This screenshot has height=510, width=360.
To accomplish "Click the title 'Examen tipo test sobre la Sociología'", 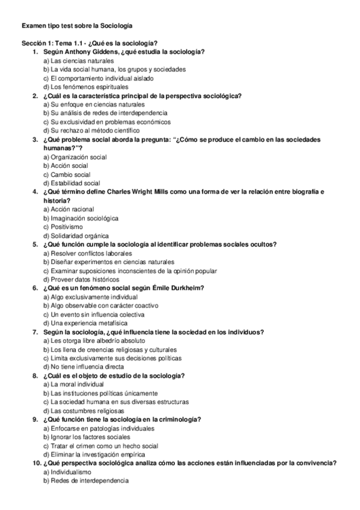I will [x=77, y=26].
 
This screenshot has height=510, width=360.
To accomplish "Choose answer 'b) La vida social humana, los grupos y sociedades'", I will [x=114, y=69].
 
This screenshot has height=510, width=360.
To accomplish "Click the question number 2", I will [x=35, y=96].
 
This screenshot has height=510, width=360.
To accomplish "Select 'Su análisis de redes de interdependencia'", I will [x=108, y=113].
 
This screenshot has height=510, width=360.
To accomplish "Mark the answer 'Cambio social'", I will [x=70, y=174].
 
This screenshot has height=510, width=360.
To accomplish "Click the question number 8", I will [x=35, y=375].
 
